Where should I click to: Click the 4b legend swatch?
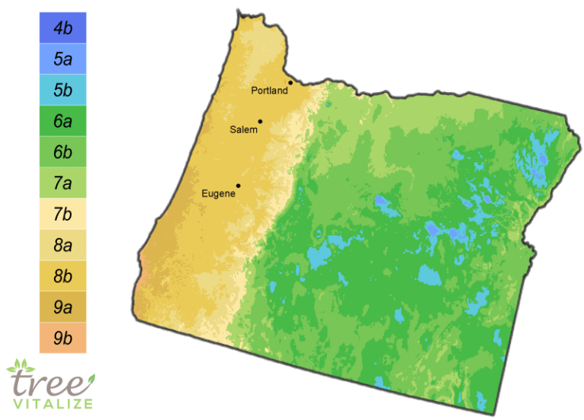[x=62, y=27]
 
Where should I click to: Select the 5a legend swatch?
[x=62, y=59]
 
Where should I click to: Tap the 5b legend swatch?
[x=62, y=90]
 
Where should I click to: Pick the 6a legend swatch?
[x=62, y=121]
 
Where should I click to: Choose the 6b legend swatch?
[x=62, y=152]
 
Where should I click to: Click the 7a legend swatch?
[x=62, y=183]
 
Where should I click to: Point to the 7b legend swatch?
[x=62, y=214]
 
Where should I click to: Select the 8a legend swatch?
[x=62, y=245]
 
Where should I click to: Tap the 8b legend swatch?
[x=62, y=276]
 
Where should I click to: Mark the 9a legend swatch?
[x=62, y=307]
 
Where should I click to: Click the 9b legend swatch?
[x=62, y=338]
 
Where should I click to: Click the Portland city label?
[x=269, y=91]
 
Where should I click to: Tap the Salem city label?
[x=243, y=130]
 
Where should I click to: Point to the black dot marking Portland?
[x=290, y=83]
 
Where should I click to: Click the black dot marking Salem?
[x=260, y=121]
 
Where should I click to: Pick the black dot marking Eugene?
[x=238, y=186]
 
